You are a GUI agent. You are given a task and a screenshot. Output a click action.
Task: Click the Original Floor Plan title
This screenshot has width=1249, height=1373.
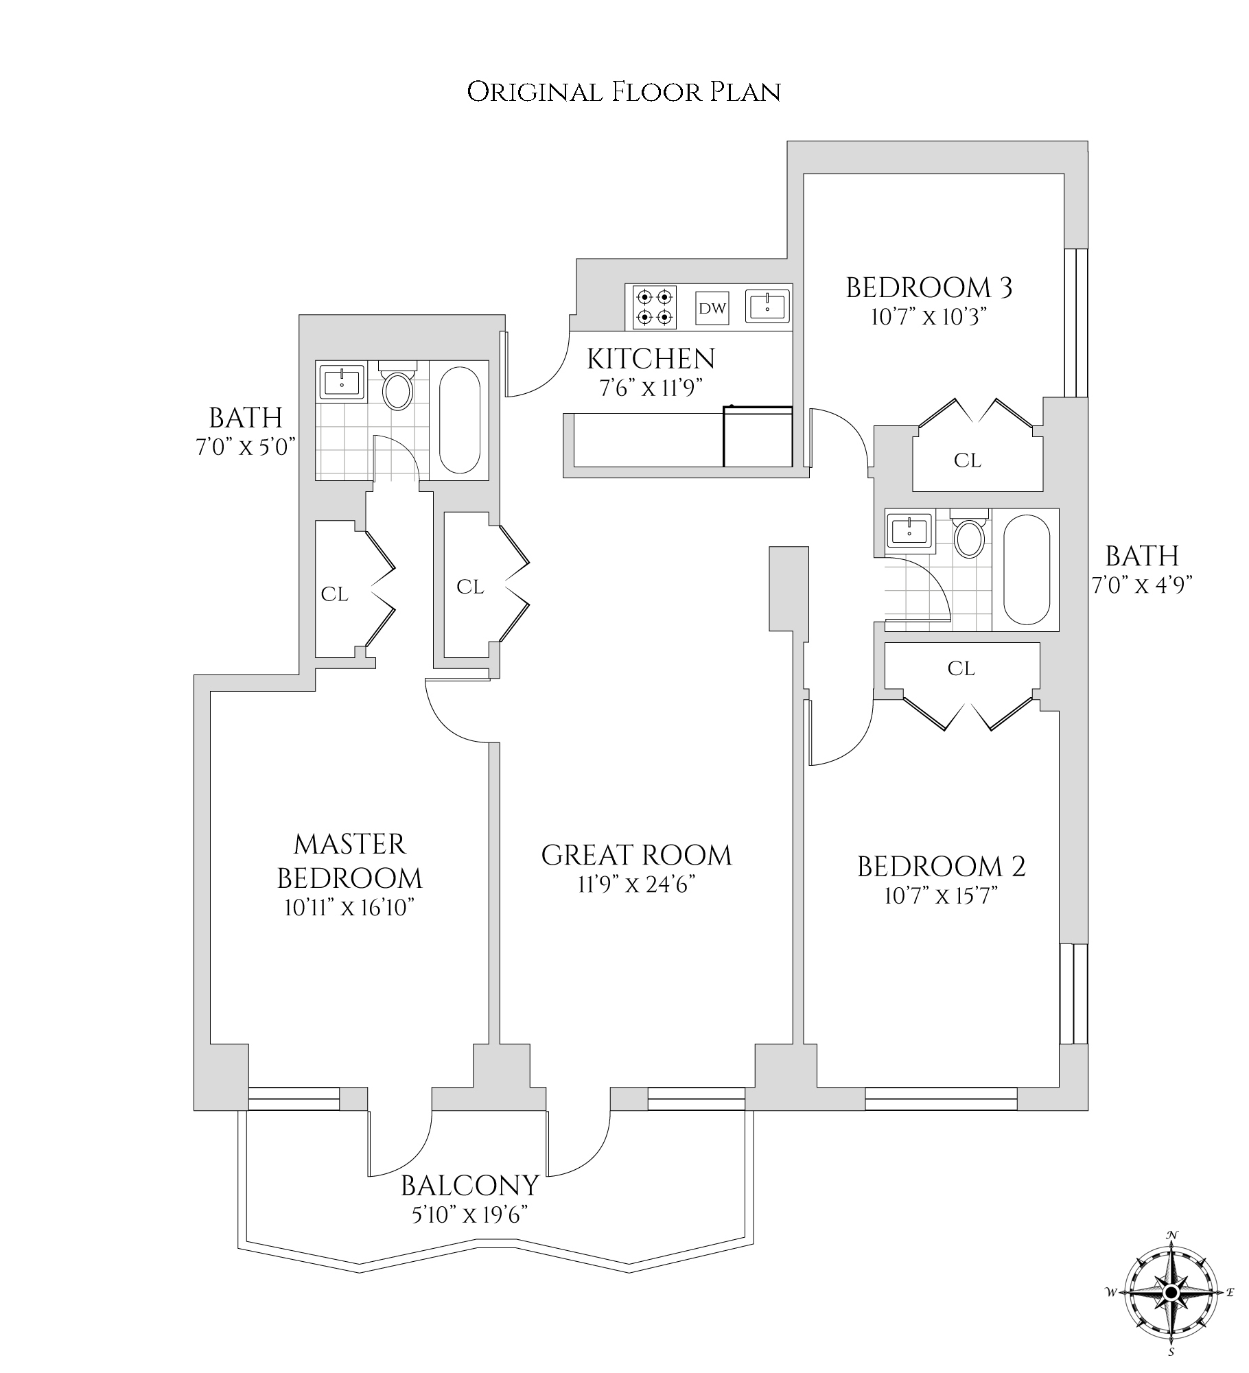624,92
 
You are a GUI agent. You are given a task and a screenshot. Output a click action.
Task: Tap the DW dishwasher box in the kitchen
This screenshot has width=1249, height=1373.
712,308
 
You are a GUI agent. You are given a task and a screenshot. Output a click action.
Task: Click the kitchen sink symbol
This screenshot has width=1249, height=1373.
768,306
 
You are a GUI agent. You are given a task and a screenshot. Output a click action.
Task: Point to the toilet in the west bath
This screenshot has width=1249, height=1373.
397,388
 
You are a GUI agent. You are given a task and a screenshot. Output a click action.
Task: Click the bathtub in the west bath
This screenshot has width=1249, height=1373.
459,420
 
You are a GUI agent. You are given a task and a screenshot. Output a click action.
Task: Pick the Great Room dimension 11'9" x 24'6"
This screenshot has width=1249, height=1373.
636,886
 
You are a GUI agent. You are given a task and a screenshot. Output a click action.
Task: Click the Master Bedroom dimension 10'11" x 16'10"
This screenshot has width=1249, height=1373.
350,908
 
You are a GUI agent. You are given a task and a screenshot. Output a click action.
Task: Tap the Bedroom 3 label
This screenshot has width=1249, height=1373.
929,287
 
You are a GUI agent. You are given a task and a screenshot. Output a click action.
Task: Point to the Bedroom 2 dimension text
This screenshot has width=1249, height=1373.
941,896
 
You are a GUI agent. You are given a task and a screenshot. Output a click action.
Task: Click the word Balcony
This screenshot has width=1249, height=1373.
470,1186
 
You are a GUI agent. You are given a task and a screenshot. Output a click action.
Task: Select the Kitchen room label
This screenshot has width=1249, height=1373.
651,359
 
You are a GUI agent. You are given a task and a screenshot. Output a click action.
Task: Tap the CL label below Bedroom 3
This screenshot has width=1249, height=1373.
968,460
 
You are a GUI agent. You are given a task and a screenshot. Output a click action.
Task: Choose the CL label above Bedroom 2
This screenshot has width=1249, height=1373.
961,668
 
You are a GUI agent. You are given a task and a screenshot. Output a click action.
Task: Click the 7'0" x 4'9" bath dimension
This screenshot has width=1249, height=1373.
1142,586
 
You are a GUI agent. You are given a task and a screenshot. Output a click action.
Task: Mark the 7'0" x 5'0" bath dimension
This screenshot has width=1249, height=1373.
245,447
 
